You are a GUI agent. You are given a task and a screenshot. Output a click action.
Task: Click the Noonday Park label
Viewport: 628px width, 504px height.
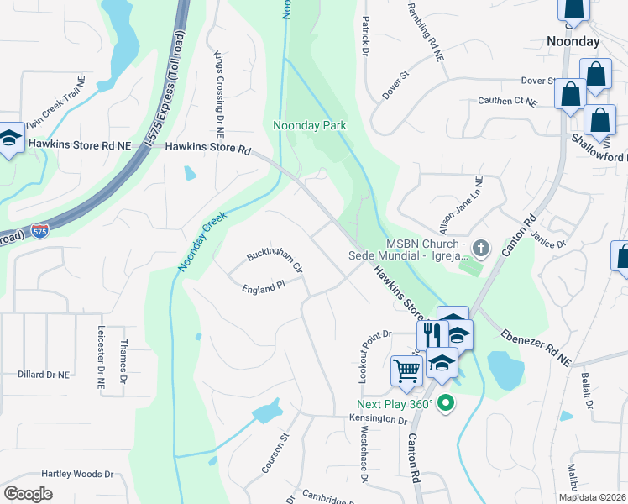(310, 126)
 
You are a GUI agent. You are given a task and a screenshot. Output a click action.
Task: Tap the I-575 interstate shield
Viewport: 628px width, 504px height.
(39, 229)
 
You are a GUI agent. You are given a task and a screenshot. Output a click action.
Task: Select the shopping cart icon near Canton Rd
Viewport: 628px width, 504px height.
(406, 370)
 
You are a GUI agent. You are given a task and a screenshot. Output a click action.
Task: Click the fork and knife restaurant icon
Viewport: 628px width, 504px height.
(432, 334)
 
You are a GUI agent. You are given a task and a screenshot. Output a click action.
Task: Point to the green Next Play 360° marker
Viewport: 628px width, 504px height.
(446, 404)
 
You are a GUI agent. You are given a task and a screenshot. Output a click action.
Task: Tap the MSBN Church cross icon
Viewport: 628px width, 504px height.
(480, 248)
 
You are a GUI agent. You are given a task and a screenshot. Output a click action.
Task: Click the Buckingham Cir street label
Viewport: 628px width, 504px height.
(274, 261)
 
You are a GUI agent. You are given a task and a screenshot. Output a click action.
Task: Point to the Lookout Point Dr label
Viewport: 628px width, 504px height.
(364, 350)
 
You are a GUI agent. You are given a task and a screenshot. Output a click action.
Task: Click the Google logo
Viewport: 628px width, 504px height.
(28, 494)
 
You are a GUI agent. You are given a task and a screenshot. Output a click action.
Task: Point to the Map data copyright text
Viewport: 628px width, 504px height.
(592, 497)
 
